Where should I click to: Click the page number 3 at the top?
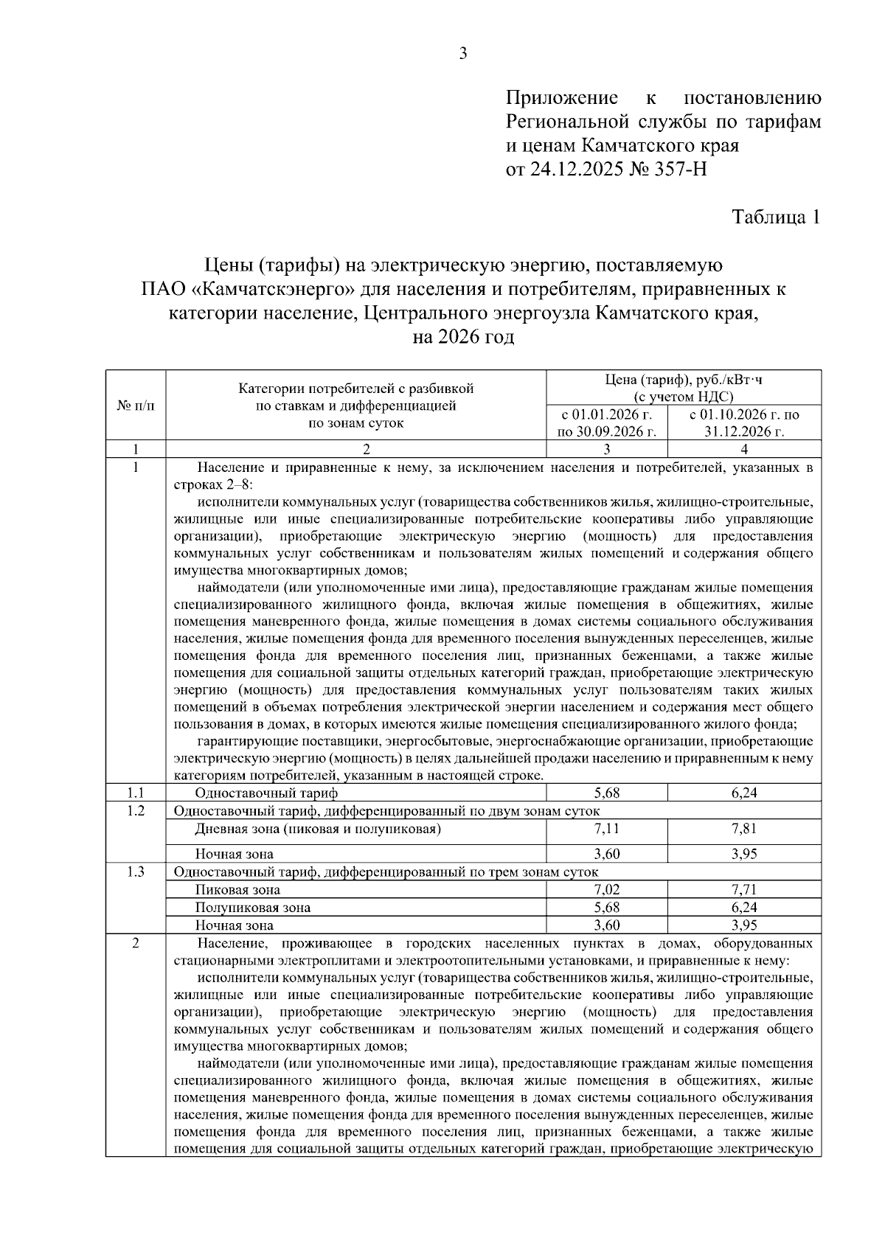click(462, 53)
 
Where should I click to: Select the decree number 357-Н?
click(678, 170)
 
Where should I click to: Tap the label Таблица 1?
click(775, 218)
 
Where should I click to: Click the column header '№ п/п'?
click(136, 406)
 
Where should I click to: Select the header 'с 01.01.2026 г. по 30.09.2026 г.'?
click(607, 423)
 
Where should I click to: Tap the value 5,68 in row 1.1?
click(607, 793)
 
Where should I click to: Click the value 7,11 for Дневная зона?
click(607, 829)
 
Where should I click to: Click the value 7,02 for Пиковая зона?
click(607, 890)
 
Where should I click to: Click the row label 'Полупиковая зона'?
click(252, 908)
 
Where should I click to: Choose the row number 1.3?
click(136, 872)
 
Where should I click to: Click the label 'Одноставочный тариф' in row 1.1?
click(266, 793)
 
